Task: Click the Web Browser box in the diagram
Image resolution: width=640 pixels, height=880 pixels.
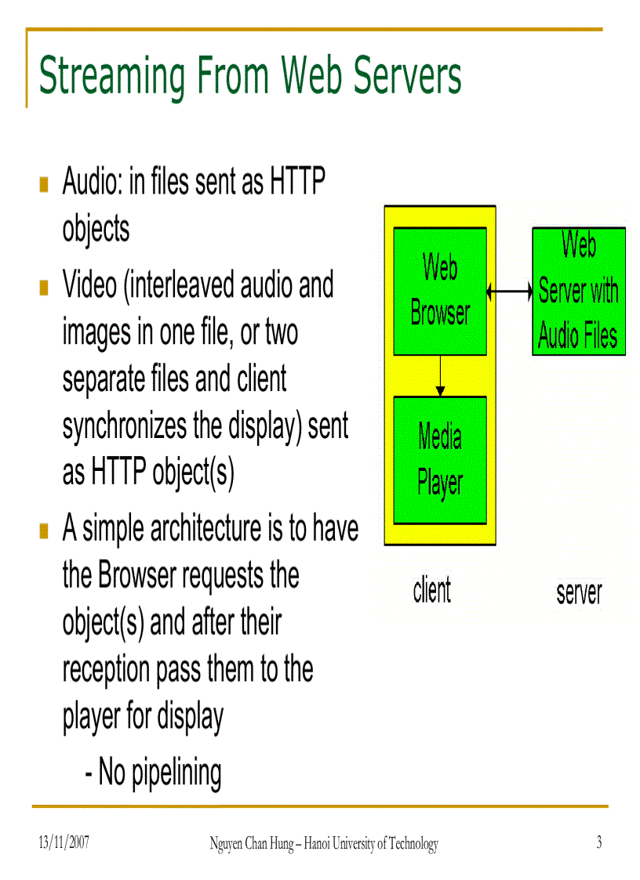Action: pos(439,291)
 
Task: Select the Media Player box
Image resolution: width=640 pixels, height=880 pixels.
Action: pos(439,460)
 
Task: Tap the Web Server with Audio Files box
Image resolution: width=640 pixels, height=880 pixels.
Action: pos(578,291)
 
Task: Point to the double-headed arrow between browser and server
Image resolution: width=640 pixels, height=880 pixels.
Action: pos(509,292)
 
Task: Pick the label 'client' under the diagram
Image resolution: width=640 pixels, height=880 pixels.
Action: pos(432,591)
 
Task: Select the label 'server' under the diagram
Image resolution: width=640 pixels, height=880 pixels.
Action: pos(579,592)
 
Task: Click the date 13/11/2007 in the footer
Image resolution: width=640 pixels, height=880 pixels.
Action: pos(64,843)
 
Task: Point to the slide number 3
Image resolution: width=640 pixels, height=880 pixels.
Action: pos(598,842)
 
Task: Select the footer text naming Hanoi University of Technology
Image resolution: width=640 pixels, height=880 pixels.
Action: pos(323,843)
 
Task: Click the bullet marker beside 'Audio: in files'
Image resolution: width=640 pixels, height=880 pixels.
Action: pos(45,186)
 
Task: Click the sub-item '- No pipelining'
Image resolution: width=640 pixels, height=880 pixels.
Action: pos(153,773)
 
